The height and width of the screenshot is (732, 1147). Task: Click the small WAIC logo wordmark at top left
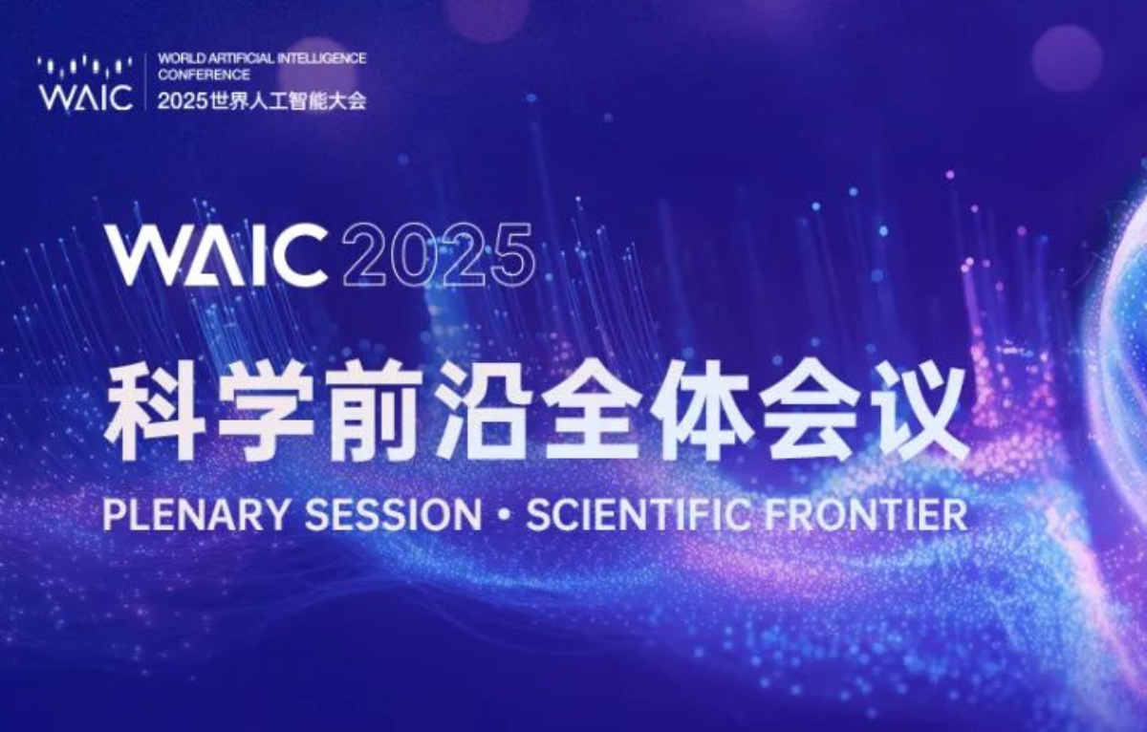(86, 97)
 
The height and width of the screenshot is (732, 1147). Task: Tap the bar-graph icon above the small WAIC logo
(85, 66)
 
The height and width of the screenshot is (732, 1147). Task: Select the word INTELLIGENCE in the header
(321, 58)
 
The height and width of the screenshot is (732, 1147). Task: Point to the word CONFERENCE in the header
(204, 75)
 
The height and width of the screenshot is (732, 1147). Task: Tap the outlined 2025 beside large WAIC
(439, 256)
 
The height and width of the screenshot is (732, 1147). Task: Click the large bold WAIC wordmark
(217, 256)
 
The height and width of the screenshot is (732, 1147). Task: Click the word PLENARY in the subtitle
(196, 514)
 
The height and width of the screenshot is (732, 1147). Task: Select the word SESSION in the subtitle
(393, 514)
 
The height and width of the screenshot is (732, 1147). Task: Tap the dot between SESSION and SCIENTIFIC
(505, 515)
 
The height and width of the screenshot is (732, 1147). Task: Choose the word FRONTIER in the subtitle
(865, 514)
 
